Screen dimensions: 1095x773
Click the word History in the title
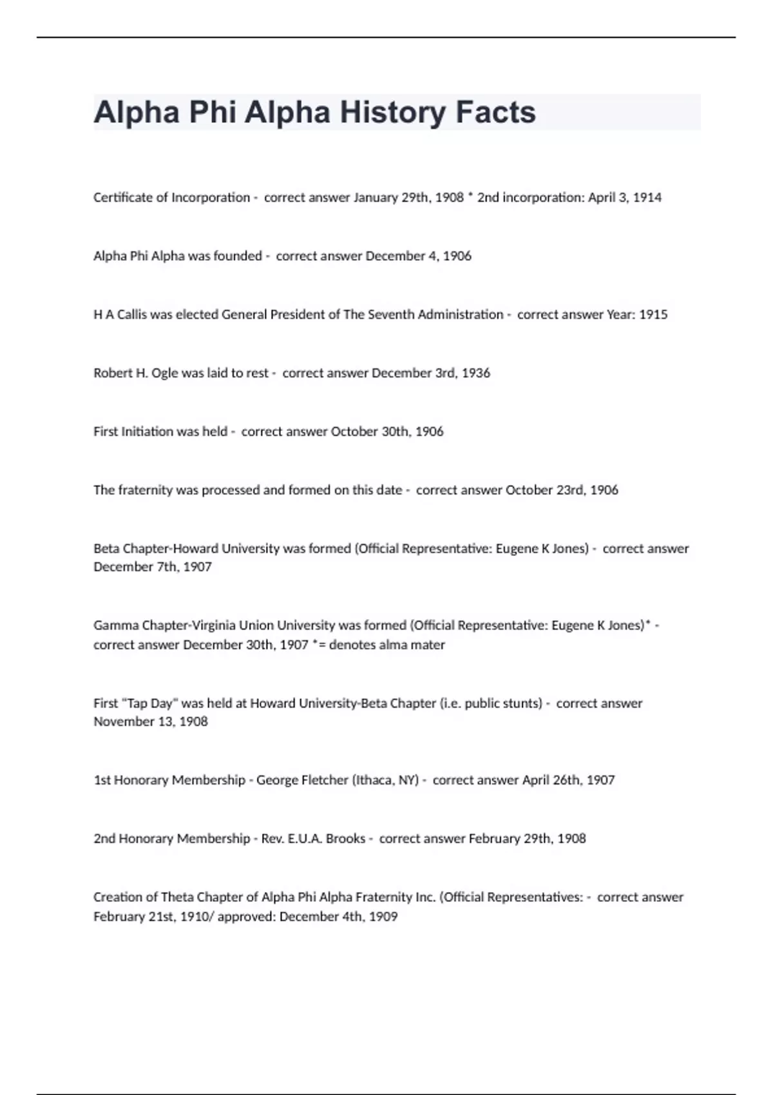392,113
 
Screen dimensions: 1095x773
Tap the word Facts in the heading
495,113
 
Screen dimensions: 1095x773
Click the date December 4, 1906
418,256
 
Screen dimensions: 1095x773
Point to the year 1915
653,315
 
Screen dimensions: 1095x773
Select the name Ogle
164,373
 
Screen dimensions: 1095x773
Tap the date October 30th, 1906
386,432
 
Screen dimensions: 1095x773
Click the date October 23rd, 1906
562,490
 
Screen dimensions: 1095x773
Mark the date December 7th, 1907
153,567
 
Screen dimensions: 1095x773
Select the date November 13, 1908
151,721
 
